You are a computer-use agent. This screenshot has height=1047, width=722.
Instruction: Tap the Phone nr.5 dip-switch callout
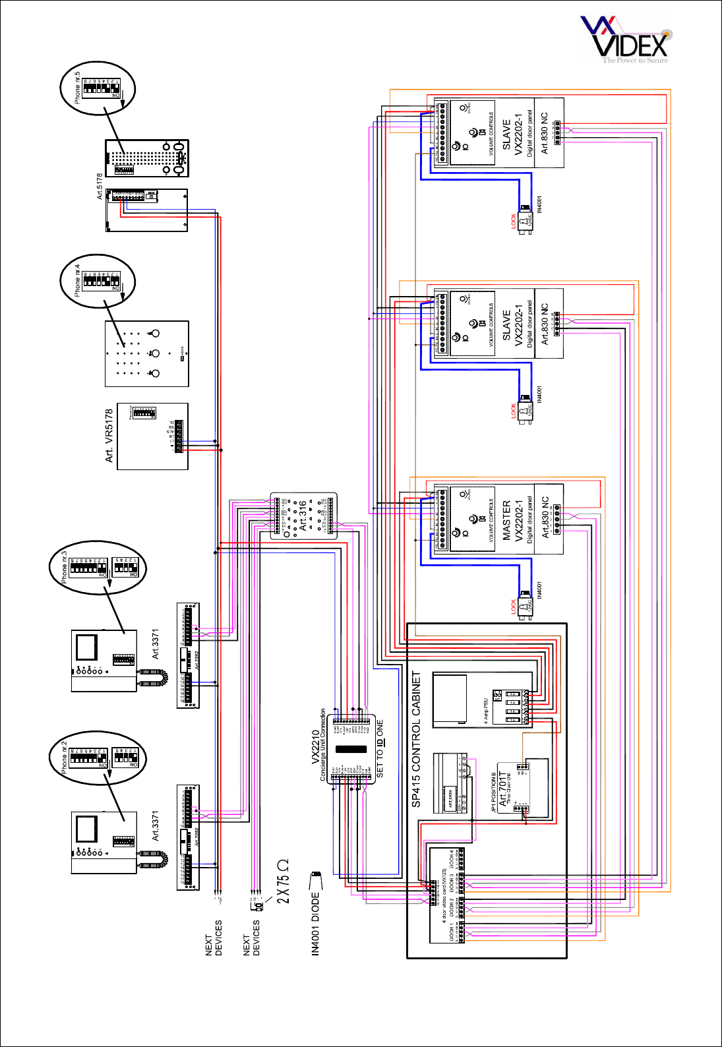[98, 88]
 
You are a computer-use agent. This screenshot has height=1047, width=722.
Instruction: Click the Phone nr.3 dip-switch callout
[98, 568]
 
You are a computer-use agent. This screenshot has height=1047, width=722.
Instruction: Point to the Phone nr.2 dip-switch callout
[98, 758]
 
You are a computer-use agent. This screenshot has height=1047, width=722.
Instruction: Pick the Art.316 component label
[303, 516]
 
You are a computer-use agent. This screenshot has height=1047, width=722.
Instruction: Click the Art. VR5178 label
[109, 435]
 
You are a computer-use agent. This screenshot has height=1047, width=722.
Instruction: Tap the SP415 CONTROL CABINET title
[416, 739]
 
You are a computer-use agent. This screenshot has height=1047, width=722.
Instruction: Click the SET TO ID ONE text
[380, 748]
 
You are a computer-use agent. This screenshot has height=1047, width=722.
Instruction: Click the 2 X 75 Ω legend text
[283, 880]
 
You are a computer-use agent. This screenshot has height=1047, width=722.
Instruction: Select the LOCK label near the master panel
[514, 607]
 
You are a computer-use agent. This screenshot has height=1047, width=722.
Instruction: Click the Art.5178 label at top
[100, 187]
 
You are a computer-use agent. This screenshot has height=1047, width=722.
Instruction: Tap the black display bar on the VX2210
[351, 749]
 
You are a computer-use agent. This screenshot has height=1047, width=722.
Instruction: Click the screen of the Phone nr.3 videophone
[86, 647]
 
